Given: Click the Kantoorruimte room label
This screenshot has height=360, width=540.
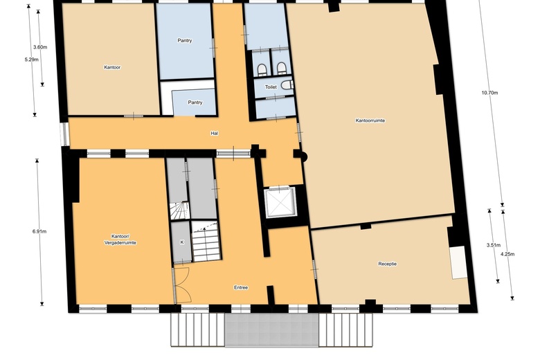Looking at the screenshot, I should pyautogui.click(x=370, y=120).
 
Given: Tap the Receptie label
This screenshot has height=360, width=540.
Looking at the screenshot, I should pyautogui.click(x=387, y=264).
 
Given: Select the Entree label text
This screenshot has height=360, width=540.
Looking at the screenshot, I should pyautogui.click(x=241, y=287).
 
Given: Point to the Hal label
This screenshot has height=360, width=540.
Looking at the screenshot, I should pyautogui.click(x=215, y=132).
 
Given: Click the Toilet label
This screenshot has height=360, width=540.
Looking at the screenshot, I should pyautogui.click(x=271, y=88).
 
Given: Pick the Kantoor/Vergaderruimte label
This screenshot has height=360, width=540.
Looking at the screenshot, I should pyautogui.click(x=115, y=239).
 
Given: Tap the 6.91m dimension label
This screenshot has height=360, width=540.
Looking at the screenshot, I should pyautogui.click(x=39, y=231).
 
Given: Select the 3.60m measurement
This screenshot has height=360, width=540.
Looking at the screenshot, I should pyautogui.click(x=39, y=47).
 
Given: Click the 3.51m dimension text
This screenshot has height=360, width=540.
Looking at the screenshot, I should pyautogui.click(x=494, y=245).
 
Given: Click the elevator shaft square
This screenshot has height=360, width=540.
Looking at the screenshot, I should pyautogui.click(x=280, y=202).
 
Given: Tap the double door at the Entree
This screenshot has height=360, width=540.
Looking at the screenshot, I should pyautogui.click(x=183, y=284).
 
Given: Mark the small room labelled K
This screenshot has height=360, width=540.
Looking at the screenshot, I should pyautogui.click(x=181, y=242).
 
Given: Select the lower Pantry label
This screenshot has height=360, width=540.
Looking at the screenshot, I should pyautogui.click(x=195, y=102).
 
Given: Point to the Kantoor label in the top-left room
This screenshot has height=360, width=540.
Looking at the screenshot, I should pyautogui.click(x=112, y=67).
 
